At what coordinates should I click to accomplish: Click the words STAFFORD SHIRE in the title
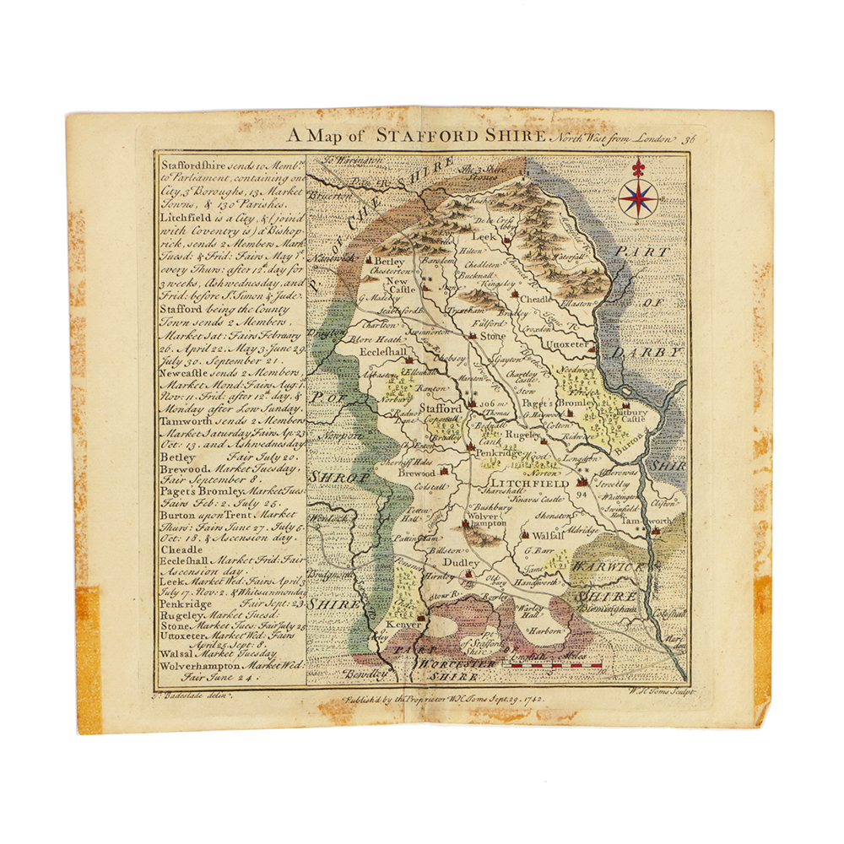point(462,136)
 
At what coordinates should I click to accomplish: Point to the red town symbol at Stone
point(472,335)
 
